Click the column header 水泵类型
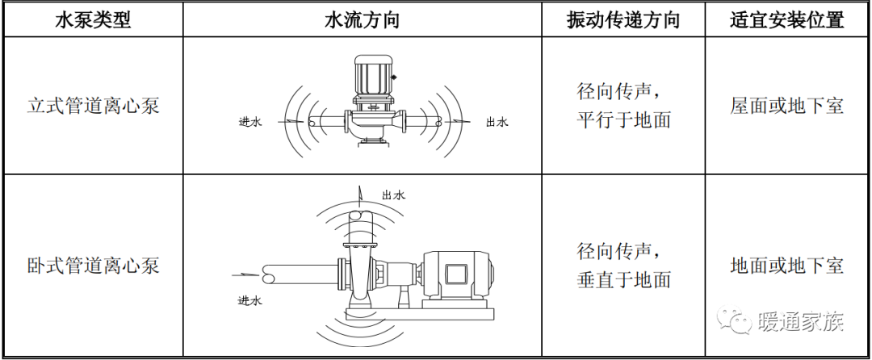tap(92, 21)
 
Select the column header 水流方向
tap(362, 21)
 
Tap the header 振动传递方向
tap(623, 21)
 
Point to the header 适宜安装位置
tap(786, 21)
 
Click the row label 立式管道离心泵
tap(92, 106)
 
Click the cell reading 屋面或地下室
tap(786, 106)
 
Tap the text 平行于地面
tap(623, 120)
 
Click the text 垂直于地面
tap(623, 280)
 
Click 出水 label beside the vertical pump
tap(497, 123)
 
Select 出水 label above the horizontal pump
tap(392, 195)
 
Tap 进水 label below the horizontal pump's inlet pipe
tap(250, 300)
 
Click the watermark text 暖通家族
tap(801, 322)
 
